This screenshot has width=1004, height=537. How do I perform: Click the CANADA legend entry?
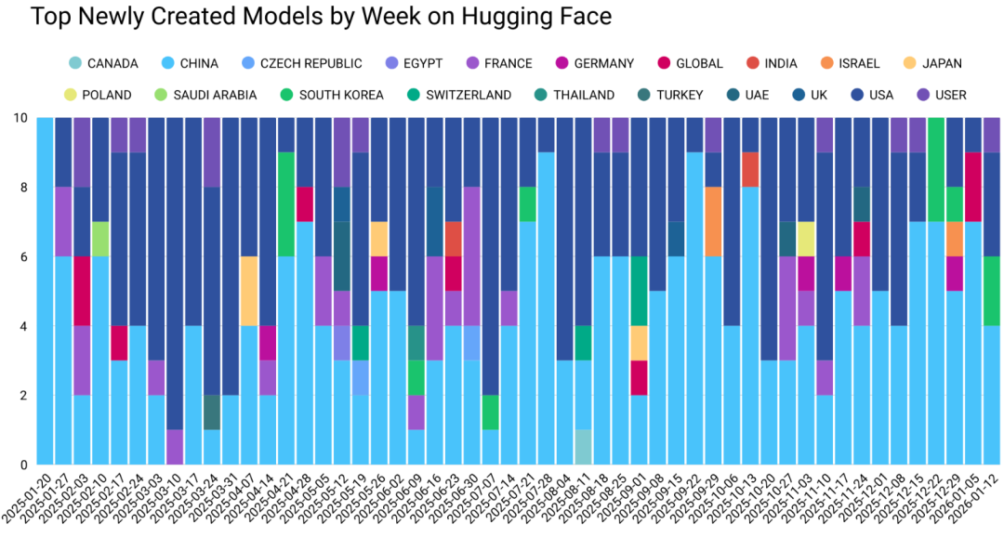coord(112,63)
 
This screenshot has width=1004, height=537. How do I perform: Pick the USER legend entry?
coord(950,95)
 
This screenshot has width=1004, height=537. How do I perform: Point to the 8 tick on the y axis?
coord(20,188)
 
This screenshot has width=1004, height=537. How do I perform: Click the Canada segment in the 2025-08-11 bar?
coord(584,447)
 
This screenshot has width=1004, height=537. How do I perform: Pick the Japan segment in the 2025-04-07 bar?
coord(249,291)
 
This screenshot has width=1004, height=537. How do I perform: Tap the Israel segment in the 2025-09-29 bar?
coord(713,222)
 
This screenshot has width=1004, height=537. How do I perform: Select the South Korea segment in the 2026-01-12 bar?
coord(992,291)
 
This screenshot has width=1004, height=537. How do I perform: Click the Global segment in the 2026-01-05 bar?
coord(973,187)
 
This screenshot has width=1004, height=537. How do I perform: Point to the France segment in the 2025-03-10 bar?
coord(175,447)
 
